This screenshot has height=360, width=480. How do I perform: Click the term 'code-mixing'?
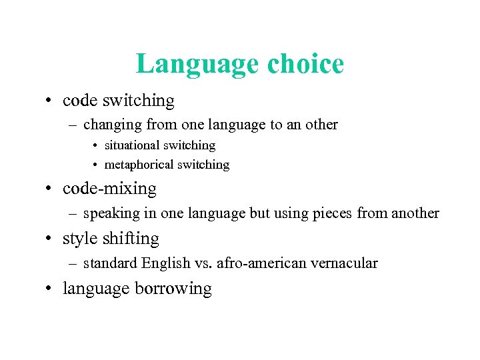click(x=109, y=189)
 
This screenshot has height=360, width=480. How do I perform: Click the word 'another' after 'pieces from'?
click(x=415, y=213)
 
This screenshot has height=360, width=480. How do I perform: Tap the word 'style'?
click(x=77, y=239)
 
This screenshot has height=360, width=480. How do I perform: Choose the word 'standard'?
click(x=110, y=263)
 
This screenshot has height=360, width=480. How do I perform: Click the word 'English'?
click(x=166, y=263)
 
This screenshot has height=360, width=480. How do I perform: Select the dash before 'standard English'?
click(x=72, y=264)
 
